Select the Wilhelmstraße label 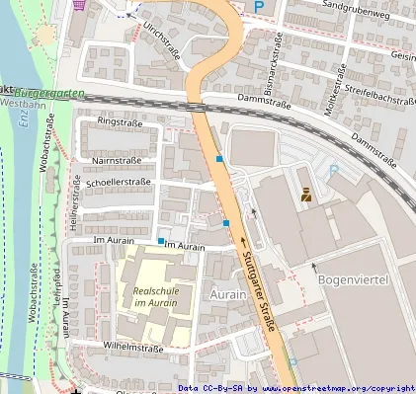(x=132, y=349)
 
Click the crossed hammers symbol (x=304, y=195)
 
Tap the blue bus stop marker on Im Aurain (x=161, y=240)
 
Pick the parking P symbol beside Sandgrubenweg (x=259, y=7)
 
